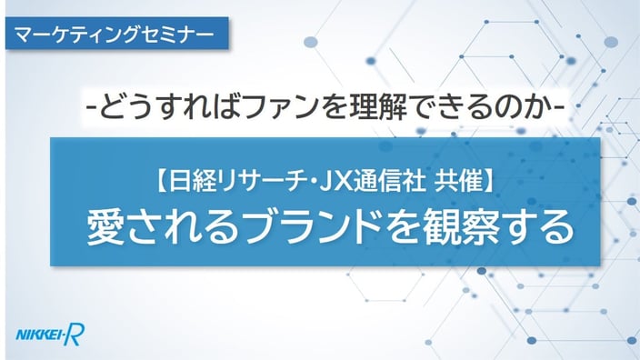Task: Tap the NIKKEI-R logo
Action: click(50, 335)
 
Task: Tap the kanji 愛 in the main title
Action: click(105, 228)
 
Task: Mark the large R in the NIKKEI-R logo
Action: click(75, 335)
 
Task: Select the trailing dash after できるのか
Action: click(559, 108)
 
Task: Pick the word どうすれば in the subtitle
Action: click(171, 106)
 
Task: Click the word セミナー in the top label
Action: click(178, 34)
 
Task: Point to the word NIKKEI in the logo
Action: click(39, 335)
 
